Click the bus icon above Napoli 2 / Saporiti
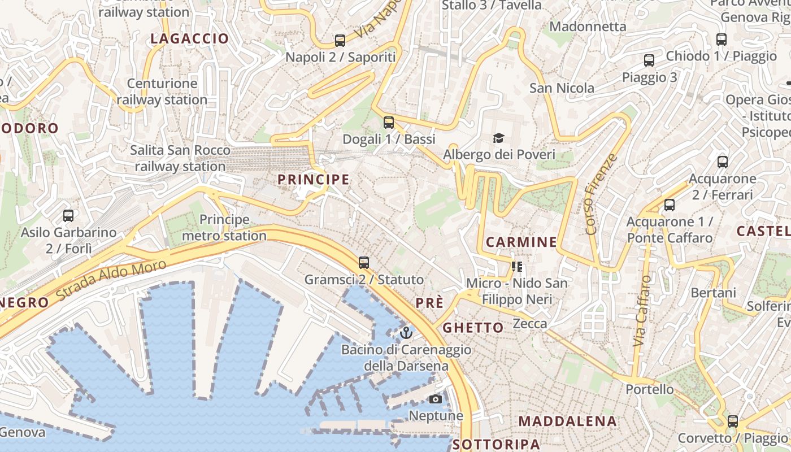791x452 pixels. click(340, 40)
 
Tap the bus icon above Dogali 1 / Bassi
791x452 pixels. click(388, 122)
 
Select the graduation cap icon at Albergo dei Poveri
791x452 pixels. click(498, 138)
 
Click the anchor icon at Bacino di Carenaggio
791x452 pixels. click(406, 333)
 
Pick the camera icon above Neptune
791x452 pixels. click(435, 399)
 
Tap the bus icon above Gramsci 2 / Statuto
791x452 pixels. click(364, 263)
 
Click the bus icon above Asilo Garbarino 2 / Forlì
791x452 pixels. click(68, 215)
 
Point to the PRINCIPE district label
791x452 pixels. click(314, 180)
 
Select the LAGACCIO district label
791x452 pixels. click(189, 39)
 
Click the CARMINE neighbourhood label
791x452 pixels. click(521, 242)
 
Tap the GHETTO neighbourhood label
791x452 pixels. click(473, 328)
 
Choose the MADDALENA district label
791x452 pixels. click(568, 421)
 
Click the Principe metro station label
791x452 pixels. click(233, 227)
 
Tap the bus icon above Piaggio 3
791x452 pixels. click(649, 60)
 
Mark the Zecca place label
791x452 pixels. click(529, 324)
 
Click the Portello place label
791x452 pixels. click(650, 389)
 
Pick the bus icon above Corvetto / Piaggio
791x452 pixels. click(733, 421)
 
